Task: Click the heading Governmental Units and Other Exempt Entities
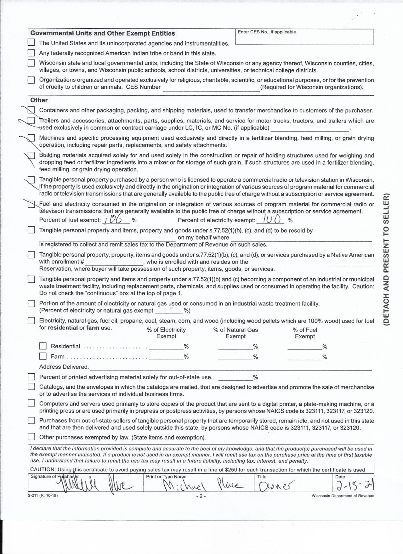tap(103, 33)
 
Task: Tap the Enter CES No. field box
tap(304, 37)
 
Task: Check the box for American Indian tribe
tap(31, 53)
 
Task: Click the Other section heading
tap(39, 100)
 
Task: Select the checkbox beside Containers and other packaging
tap(31, 110)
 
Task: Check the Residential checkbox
tap(43, 346)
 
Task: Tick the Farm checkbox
tap(43, 356)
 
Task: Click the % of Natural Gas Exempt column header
tap(236, 333)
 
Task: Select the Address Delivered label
tap(64, 367)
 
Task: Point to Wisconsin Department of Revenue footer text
tap(343, 496)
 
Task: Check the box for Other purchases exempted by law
tap(31, 437)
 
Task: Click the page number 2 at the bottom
tap(201, 496)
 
